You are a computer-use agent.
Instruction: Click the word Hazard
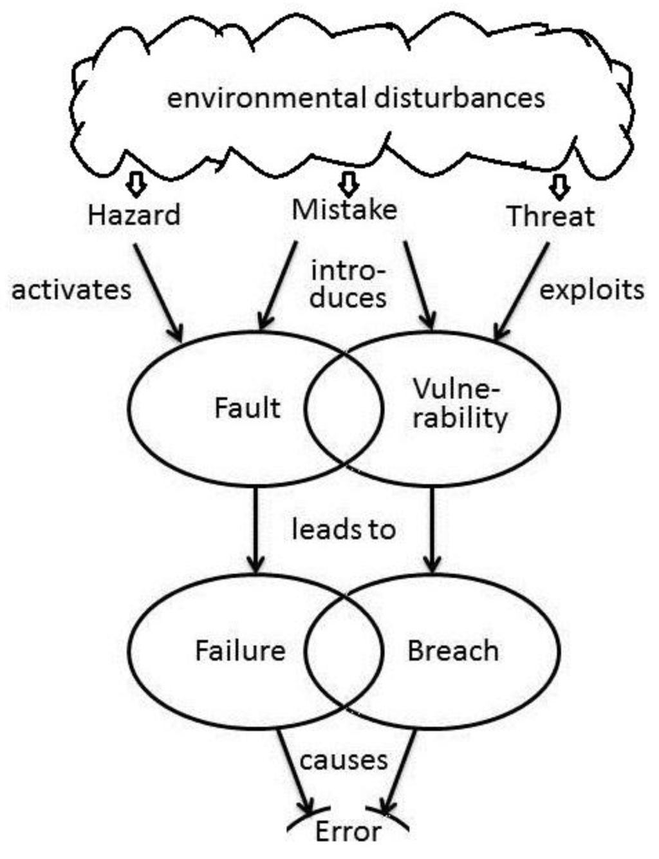coord(134,214)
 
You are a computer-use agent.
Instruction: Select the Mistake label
coord(344,209)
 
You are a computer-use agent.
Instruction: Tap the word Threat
coord(550,216)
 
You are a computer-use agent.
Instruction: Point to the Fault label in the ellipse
coord(247,408)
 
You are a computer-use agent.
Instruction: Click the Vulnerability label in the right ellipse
coord(459,404)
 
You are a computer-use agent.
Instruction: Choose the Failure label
coord(240,650)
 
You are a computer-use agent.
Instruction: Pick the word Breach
coord(453,650)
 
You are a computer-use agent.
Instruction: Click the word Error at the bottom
coord(348,831)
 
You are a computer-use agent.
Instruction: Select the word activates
coord(71,290)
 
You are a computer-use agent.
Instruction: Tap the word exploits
coord(591,290)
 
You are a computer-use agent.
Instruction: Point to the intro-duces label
coord(348,284)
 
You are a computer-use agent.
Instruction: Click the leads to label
coord(343,529)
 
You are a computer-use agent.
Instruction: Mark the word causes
coord(344,760)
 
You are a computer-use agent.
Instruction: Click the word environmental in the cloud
coord(266,99)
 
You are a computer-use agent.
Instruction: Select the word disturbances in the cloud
coord(459,98)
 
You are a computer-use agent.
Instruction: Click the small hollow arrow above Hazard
coord(136,184)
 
